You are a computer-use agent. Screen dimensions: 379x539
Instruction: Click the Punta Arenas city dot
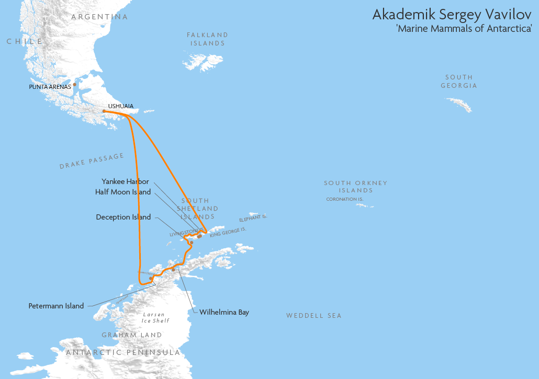(75, 84)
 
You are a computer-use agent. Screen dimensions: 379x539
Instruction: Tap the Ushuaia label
(120, 106)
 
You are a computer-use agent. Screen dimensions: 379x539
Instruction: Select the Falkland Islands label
(208, 39)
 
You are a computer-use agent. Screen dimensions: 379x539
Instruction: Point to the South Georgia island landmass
(459, 105)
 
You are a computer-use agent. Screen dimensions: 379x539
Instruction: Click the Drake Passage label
(92, 162)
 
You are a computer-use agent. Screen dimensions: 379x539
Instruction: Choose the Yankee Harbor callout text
(125, 181)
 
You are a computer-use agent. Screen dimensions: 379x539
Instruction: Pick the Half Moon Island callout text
(123, 192)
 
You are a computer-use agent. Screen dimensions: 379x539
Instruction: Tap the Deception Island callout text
(123, 217)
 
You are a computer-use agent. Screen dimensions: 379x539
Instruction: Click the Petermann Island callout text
(56, 306)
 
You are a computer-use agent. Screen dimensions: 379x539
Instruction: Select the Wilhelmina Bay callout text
(224, 312)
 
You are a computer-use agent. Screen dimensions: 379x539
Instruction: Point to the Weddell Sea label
(313, 316)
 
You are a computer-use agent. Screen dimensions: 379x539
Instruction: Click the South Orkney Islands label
(355, 187)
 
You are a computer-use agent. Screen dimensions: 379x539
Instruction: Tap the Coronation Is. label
(344, 199)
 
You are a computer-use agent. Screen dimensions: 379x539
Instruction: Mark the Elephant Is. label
(253, 218)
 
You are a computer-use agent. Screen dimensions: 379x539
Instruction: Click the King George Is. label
(228, 233)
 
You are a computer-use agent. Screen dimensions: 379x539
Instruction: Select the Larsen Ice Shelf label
(155, 318)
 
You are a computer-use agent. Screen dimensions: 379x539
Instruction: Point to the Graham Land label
(132, 335)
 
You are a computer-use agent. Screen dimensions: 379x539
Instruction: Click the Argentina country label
(99, 17)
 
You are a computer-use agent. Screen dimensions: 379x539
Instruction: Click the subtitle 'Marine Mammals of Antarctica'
(464, 29)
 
